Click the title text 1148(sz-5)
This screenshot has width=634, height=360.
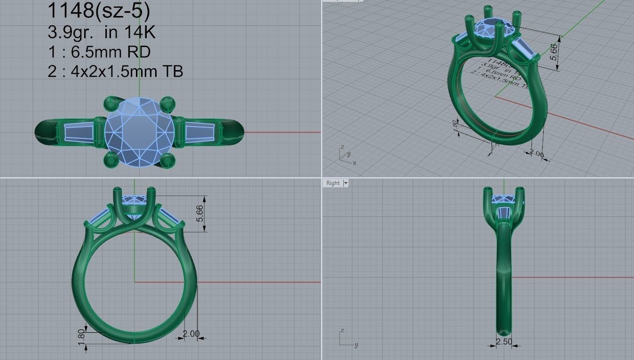tap(99, 12)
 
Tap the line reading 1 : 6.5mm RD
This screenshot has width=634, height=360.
tap(99, 52)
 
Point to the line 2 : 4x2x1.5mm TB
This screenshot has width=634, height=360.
tap(115, 71)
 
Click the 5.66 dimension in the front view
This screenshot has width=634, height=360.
tap(200, 213)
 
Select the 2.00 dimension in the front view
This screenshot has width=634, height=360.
tap(191, 334)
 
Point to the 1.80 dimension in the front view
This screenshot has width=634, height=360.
tap(81, 335)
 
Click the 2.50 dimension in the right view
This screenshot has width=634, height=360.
tap(504, 342)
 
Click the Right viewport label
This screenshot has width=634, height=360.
tap(333, 183)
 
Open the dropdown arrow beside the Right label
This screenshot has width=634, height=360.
tap(346, 183)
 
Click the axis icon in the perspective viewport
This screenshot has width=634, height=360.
tap(347, 155)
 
